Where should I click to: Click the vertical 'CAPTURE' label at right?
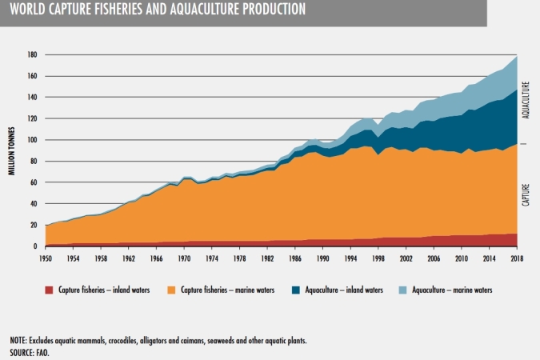526,194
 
